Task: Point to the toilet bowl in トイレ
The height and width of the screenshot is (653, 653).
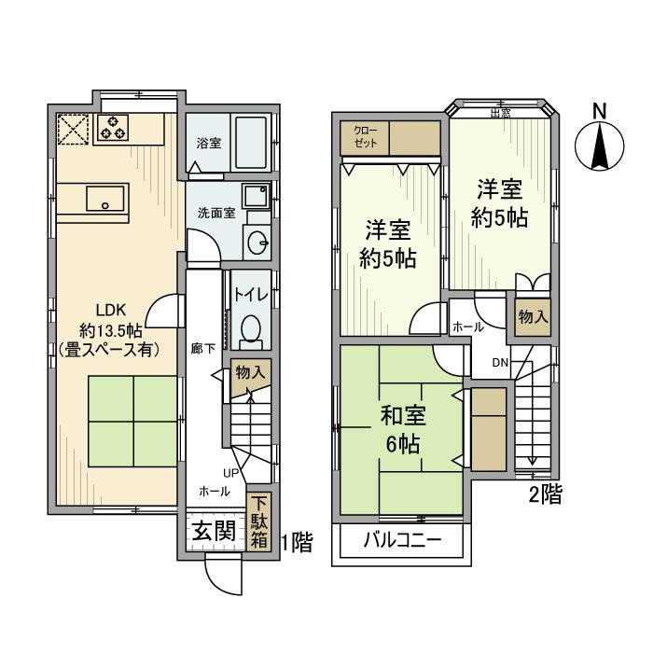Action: click(x=250, y=329)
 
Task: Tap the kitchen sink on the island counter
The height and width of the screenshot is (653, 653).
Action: click(x=104, y=198)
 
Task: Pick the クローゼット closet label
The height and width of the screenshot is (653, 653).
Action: click(x=365, y=138)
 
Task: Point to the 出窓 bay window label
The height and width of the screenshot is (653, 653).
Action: click(x=500, y=114)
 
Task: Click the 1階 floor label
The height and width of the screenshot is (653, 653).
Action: click(x=295, y=540)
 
